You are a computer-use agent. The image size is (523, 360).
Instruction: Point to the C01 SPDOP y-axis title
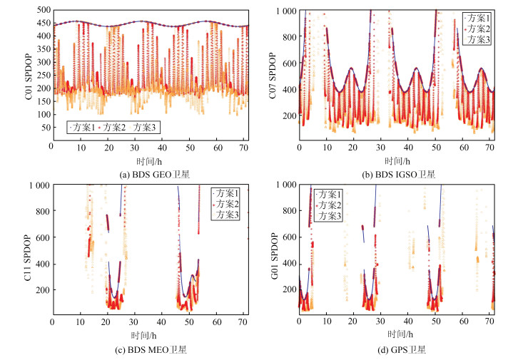29,81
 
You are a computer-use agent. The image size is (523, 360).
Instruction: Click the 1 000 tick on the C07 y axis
285,11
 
